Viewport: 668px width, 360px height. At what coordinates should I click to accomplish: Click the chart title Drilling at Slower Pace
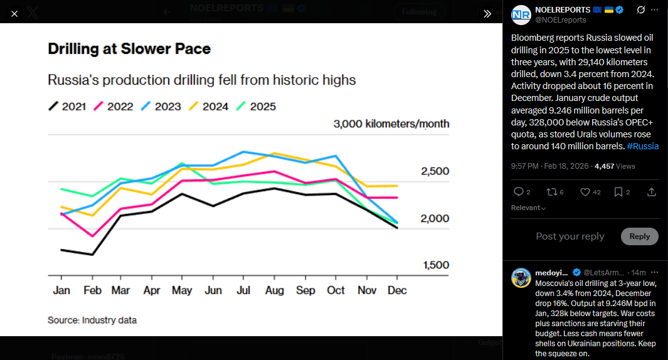click(129, 49)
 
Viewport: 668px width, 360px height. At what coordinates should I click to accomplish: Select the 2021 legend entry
click(67, 107)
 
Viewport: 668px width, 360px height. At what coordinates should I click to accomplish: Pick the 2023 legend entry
click(161, 107)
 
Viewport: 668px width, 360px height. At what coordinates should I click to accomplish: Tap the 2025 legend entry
click(255, 107)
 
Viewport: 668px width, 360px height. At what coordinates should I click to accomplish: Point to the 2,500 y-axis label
click(435, 172)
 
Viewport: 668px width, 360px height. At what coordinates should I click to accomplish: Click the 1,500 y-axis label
click(435, 265)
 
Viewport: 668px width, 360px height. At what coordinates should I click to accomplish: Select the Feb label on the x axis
click(92, 290)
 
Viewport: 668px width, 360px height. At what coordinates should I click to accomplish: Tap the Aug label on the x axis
click(275, 290)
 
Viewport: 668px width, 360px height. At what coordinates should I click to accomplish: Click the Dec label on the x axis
click(397, 290)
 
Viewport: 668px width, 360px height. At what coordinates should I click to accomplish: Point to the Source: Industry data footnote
click(92, 320)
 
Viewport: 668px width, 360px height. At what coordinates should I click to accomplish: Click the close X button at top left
click(14, 13)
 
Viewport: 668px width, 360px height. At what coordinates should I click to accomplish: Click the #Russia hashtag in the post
click(642, 146)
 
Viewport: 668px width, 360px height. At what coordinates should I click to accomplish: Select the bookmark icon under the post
click(618, 192)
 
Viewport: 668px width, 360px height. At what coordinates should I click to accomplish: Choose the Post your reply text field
click(570, 236)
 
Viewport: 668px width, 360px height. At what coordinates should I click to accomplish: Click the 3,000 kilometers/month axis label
click(391, 124)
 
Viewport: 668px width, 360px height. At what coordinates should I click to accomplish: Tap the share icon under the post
click(652, 192)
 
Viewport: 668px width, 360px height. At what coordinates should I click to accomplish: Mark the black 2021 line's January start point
click(61, 250)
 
